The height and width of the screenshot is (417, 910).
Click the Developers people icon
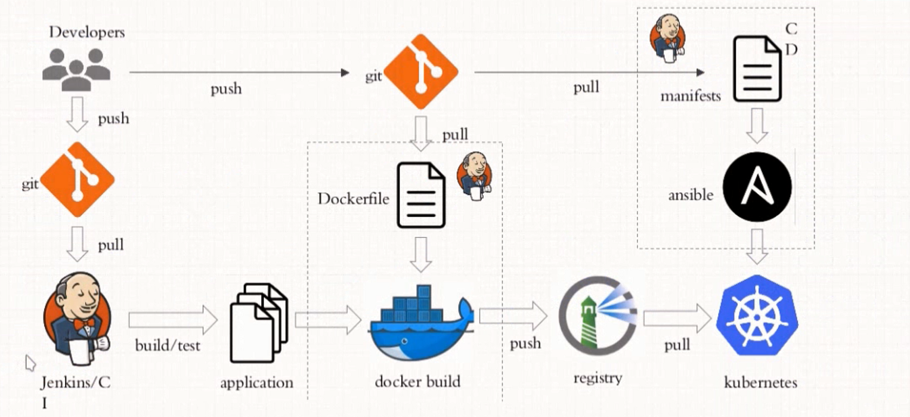76,69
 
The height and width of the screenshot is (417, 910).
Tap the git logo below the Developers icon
76,180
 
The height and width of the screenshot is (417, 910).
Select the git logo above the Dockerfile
420,72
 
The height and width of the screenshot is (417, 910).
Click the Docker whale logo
420,328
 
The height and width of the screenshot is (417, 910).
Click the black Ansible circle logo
757,187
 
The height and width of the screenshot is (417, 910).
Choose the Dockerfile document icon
421,196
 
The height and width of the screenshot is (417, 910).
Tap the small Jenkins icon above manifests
667,36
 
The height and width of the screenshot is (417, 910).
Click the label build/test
168,345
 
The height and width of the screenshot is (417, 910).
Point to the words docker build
417,381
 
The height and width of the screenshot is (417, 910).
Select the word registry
598,378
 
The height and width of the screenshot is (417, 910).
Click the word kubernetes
760,382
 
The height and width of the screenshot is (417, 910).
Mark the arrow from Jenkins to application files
173,320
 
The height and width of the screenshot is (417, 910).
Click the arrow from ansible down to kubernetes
757,246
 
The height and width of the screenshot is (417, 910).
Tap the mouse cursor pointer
30,362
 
